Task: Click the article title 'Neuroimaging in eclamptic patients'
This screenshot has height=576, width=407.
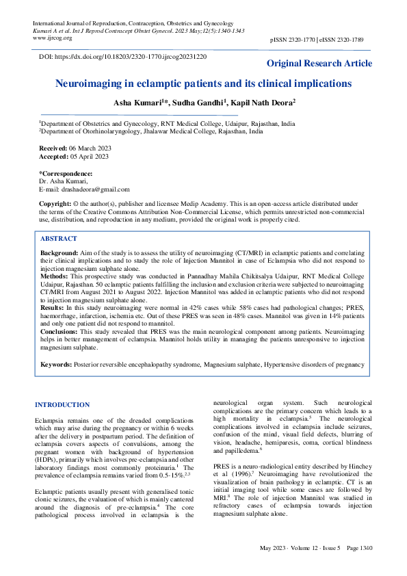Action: (x=203, y=84)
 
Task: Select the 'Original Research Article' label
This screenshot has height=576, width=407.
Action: (x=319, y=64)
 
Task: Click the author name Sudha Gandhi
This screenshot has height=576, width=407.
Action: (x=201, y=103)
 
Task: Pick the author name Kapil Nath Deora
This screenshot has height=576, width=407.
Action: (x=264, y=103)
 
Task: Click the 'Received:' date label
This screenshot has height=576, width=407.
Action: (x=54, y=148)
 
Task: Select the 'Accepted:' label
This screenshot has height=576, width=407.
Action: (x=54, y=157)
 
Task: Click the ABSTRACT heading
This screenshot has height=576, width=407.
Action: (x=59, y=239)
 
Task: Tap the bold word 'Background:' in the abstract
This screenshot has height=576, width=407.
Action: (x=60, y=253)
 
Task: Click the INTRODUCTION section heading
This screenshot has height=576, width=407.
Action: (x=62, y=405)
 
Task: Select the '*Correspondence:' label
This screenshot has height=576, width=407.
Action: (x=65, y=173)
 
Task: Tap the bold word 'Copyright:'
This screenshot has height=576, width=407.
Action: (x=55, y=205)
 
